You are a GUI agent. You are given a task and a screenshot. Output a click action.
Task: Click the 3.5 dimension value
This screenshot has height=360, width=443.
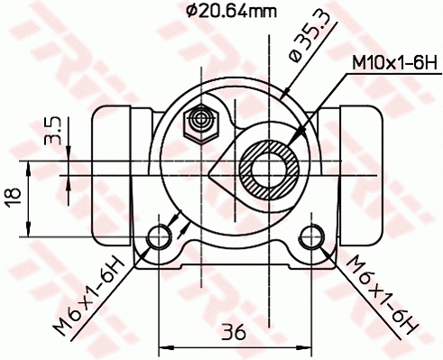point(53,129)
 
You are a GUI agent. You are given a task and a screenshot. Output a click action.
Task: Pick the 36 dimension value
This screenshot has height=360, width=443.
point(234,331)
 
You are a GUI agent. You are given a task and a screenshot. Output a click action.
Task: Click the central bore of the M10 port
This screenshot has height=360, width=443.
point(270,169)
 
